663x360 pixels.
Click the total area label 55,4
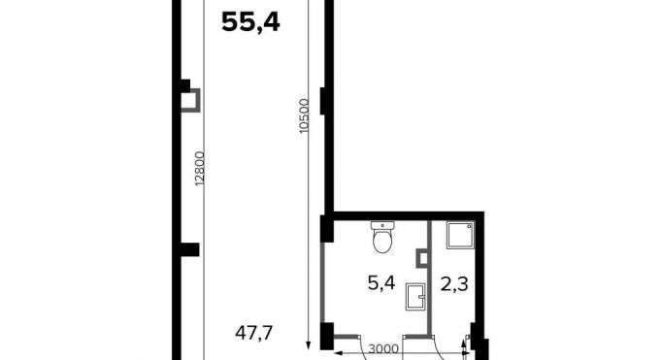tap(250, 22)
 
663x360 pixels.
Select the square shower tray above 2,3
tap(458, 234)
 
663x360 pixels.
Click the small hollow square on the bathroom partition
tap(421, 259)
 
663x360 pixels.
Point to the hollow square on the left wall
tap(192, 100)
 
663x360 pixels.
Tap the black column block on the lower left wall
tap(187, 249)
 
